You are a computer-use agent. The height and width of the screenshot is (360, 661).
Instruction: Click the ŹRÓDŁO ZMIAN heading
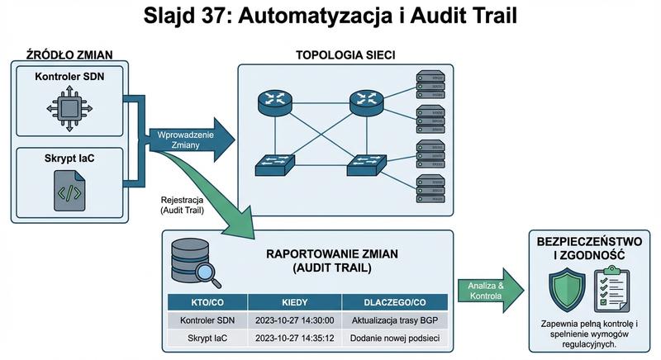69,55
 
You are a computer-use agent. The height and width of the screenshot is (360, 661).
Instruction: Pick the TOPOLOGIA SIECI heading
345,55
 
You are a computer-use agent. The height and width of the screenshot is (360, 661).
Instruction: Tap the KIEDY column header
294,302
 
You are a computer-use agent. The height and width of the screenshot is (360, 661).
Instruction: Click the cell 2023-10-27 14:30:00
294,320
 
